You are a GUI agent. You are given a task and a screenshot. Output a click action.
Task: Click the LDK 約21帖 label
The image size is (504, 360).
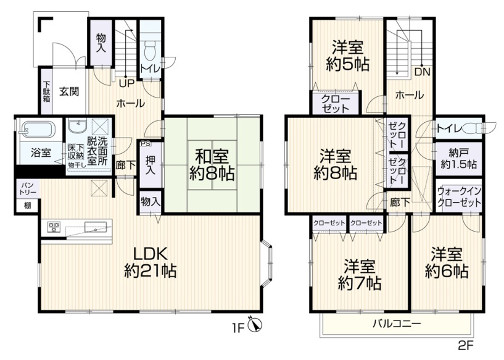pyautogui.click(x=151, y=263)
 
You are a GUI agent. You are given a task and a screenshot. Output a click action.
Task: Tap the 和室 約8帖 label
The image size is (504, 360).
pyautogui.click(x=212, y=165)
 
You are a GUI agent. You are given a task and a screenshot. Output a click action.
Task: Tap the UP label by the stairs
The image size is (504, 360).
pyautogui.click(x=126, y=83)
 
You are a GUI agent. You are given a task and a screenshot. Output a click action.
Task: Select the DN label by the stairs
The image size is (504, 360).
pyautogui.click(x=422, y=72)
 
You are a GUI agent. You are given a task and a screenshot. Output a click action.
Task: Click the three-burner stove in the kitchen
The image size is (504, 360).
pyautogui.click(x=53, y=227)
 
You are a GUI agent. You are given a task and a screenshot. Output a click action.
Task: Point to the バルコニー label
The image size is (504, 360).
pyautogui.click(x=397, y=324)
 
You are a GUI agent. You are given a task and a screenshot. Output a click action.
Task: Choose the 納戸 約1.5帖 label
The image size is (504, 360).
pyautogui.click(x=459, y=159)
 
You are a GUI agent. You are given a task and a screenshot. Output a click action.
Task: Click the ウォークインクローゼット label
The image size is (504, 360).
pyautogui.click(x=460, y=197)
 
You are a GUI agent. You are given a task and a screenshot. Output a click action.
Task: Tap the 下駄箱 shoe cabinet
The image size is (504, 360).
pyautogui.click(x=46, y=91)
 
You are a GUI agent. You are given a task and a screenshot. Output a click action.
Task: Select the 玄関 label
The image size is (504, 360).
pyautogui.click(x=69, y=91)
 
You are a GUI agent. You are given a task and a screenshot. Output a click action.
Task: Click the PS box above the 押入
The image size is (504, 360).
pyautogui.click(x=146, y=144)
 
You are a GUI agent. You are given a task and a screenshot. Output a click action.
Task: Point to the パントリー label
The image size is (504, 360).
pyautogui.click(x=28, y=189)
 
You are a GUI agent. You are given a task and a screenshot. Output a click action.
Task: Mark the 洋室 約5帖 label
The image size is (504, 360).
pyautogui.click(x=347, y=56)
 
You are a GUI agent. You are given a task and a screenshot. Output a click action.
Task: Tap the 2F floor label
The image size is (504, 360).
pyautogui.click(x=466, y=346)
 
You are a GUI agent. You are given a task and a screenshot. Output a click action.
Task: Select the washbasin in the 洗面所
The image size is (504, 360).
pyautogui.click(x=77, y=125)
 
